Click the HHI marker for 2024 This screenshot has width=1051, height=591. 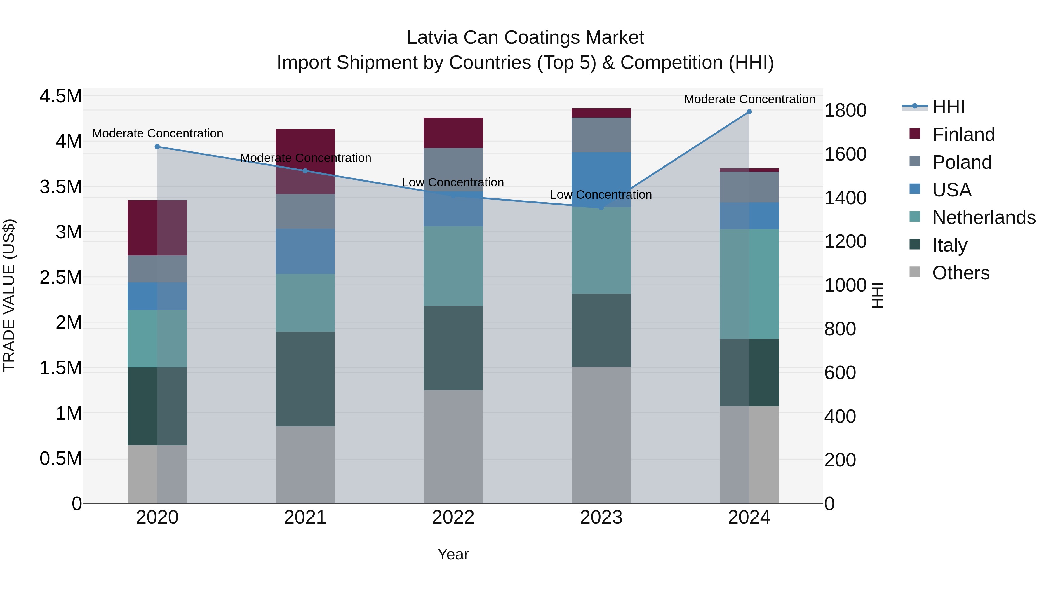pos(749,112)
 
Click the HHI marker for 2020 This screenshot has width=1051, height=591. pos(157,147)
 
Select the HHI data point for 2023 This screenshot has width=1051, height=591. pos(601,208)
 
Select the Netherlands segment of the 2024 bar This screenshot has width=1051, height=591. pos(749,284)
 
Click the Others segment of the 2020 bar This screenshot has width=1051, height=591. pos(157,474)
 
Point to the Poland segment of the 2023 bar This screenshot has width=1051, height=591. pos(601,135)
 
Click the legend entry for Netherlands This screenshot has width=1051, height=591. pos(983,217)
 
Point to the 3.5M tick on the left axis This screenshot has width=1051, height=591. pos(60,187)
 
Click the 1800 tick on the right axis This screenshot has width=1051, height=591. pos(845,111)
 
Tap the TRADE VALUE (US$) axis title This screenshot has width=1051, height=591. pos(9,295)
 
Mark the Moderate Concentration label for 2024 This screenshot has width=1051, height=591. pos(749,100)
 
